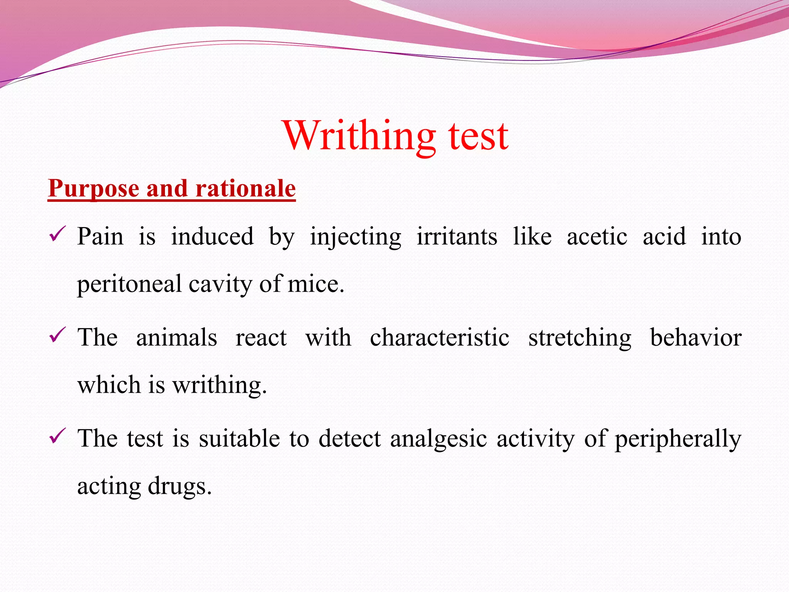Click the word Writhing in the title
pos(359,136)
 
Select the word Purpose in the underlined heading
pos(94,188)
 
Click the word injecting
pos(355,237)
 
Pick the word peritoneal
pos(129,284)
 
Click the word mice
pos(316,284)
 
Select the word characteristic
pos(440,337)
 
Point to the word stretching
pos(580,338)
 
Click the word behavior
pos(696,337)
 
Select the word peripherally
pos(678,439)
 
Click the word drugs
pos(180,486)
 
